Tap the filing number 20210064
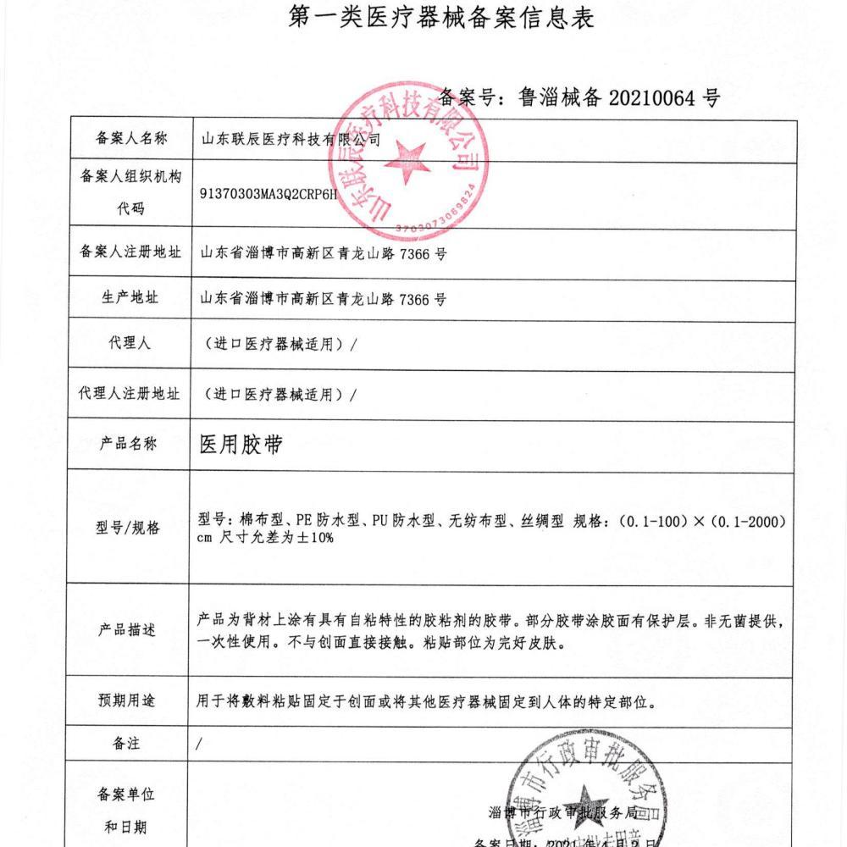[656, 98]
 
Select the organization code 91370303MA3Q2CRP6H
[268, 192]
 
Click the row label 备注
[126, 744]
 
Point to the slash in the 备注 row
[199, 745]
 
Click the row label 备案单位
[127, 795]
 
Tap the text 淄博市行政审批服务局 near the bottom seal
[562, 812]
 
